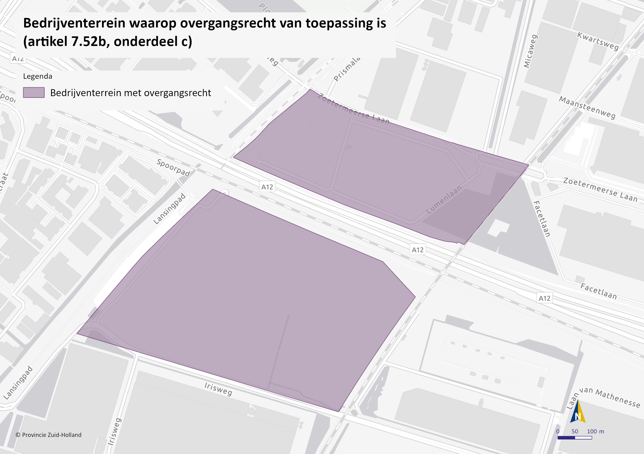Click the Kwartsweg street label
(598, 41)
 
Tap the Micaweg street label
(531, 51)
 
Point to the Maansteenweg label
(587, 107)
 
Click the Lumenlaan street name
(444, 199)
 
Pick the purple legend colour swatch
(34, 92)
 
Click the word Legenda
(38, 76)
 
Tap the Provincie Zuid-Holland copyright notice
(49, 435)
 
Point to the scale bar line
(575, 437)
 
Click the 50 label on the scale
(575, 431)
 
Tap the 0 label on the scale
(558, 431)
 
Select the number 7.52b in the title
(89, 42)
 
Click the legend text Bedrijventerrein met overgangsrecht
(130, 93)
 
